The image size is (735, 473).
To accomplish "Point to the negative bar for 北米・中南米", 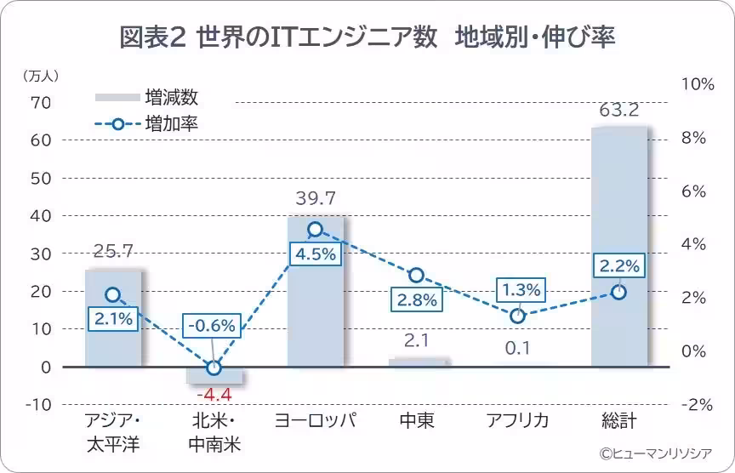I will (x=214, y=375).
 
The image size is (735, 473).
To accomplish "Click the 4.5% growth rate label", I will (x=316, y=254).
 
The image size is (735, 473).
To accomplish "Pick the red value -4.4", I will (x=214, y=395).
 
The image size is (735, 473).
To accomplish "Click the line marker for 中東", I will (x=416, y=276).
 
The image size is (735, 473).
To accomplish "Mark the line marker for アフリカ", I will (x=517, y=316).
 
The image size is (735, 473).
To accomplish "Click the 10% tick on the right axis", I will (x=698, y=84).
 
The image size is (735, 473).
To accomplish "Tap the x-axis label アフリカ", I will (x=517, y=421).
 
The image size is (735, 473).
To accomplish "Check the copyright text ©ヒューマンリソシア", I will (x=655, y=453).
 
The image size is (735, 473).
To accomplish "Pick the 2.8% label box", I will (x=417, y=300).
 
